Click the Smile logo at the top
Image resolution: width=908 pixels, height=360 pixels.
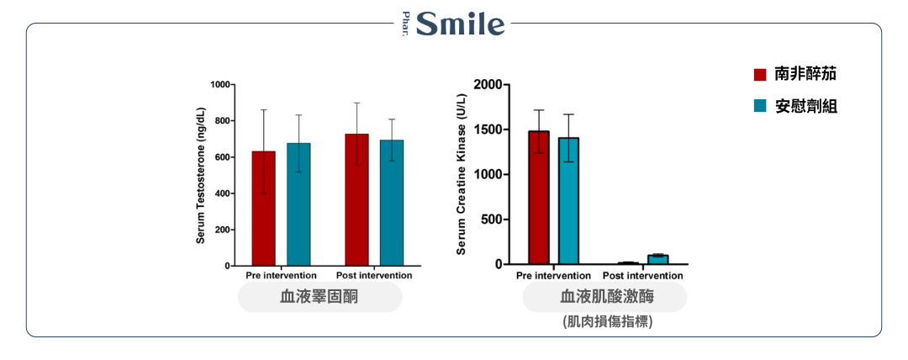coord(455,24)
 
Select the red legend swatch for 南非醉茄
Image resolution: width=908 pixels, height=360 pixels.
coord(760,74)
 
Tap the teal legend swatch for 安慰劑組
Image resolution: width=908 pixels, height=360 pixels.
coord(760,106)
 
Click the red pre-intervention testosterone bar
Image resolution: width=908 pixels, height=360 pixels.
coord(263,209)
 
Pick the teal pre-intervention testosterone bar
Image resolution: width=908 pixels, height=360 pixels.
coord(298,204)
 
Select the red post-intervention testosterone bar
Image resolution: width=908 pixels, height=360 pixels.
coord(356,199)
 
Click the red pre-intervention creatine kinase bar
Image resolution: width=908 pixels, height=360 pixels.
coord(538,198)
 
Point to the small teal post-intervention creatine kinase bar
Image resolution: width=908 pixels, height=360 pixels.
coord(657,259)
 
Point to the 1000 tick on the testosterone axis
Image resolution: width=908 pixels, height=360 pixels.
coord(220,85)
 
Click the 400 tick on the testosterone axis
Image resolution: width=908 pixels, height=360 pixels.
coord(223,193)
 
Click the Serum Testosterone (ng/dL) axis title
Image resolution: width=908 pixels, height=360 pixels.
coord(201,176)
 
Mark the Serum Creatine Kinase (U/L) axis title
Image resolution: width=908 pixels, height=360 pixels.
coord(461,174)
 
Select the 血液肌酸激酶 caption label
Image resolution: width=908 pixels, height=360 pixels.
coord(604,297)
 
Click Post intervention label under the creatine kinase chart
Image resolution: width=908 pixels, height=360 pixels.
coord(643,276)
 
